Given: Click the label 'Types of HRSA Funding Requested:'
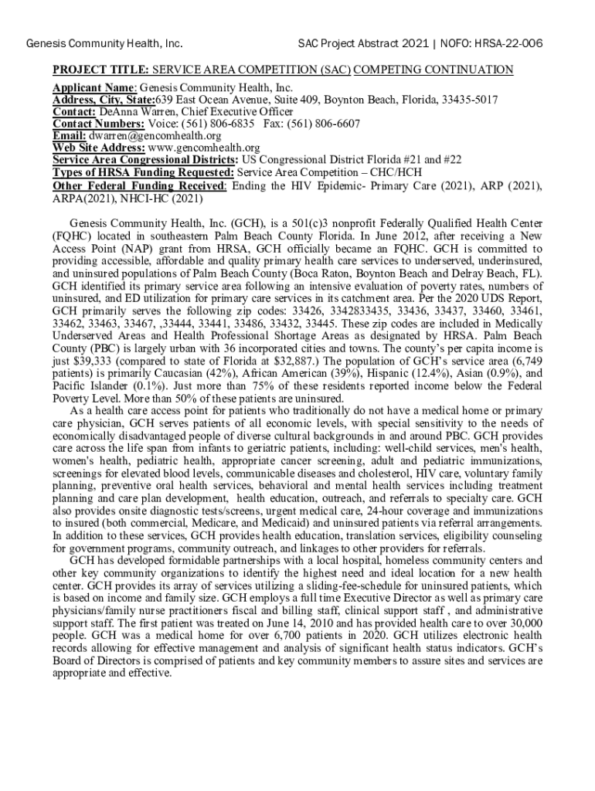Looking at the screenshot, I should [x=143, y=171].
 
